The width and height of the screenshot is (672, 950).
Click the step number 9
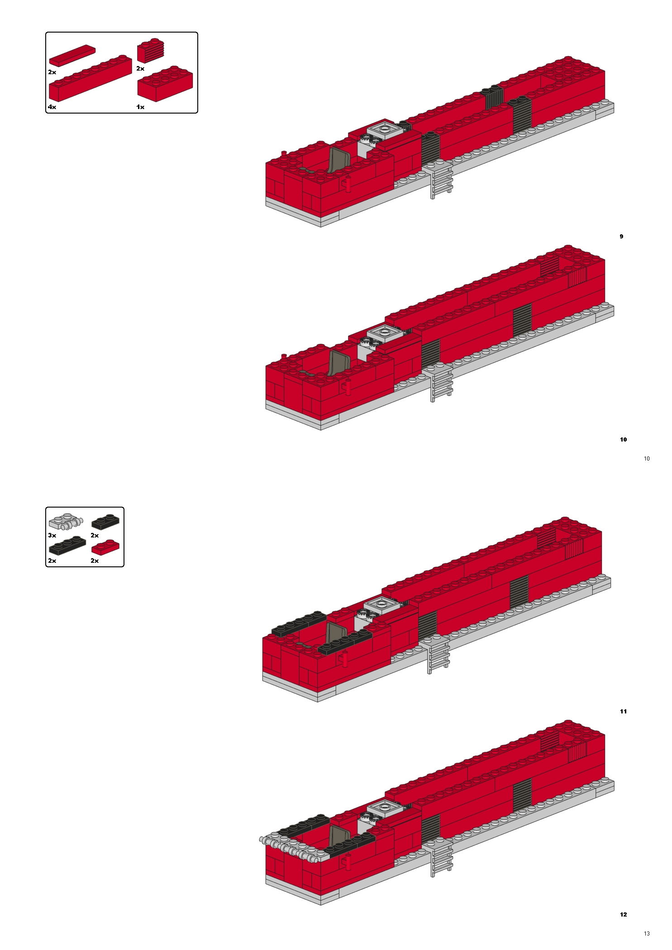(x=621, y=237)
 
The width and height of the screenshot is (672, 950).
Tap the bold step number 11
(x=623, y=712)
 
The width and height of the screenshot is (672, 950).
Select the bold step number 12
(x=623, y=915)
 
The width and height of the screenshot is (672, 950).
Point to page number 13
(x=647, y=933)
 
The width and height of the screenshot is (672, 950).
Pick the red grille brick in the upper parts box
(x=151, y=52)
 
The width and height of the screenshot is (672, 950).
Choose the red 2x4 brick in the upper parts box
(x=165, y=84)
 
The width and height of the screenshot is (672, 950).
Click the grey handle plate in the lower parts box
(x=66, y=522)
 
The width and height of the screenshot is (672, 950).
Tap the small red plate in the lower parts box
(x=105, y=547)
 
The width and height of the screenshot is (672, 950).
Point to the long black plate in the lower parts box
(x=67, y=546)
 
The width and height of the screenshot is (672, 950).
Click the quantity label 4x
(x=52, y=107)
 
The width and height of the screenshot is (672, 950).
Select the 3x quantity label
(x=52, y=535)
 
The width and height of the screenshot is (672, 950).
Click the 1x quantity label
(x=140, y=107)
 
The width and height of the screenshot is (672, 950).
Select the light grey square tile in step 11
(x=381, y=604)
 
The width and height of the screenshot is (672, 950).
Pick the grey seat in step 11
(x=336, y=634)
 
